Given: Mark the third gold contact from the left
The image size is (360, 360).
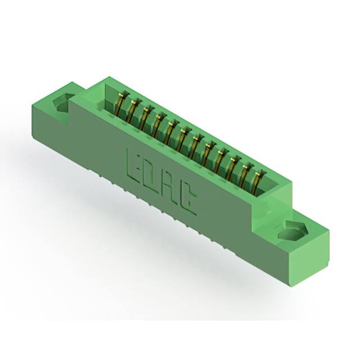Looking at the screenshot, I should click(145, 117).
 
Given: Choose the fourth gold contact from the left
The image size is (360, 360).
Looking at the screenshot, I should click(158, 124).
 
